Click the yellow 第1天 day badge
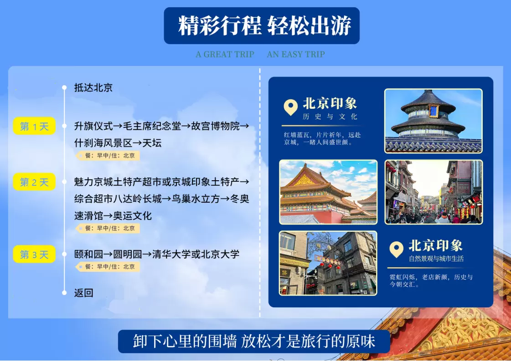tap(34, 126)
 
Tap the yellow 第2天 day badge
tap(34, 182)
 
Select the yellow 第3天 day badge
tap(34, 254)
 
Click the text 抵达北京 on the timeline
tap(93, 87)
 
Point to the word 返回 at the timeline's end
tap(84, 293)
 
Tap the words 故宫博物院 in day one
tap(216, 126)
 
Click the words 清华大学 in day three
tap(171, 254)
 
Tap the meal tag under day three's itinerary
tap(108, 267)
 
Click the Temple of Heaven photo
tap(434, 121)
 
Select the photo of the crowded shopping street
tap(434, 192)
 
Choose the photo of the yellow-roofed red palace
tap(328, 192)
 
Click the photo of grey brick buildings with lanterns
tap(328, 263)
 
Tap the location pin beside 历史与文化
tap(291, 107)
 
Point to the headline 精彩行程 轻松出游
tap(265, 25)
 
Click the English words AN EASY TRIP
tap(296, 54)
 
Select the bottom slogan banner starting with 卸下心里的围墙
tap(254, 341)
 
